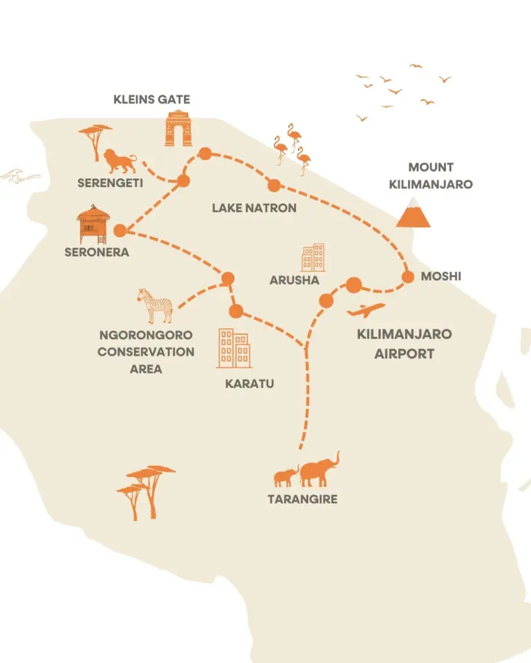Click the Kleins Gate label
click(151, 99)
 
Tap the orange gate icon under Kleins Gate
click(178, 128)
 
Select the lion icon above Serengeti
click(120, 161)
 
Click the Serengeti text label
click(110, 182)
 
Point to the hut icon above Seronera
click(93, 224)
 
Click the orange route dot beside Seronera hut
click(120, 231)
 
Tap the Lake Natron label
click(254, 208)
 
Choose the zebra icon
click(155, 306)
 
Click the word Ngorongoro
click(146, 335)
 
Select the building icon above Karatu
click(234, 348)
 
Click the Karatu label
click(250, 383)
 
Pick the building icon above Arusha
click(313, 258)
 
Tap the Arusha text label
click(295, 280)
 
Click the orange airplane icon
click(366, 310)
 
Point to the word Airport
click(404, 354)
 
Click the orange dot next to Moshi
click(408, 277)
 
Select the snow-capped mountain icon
click(413, 212)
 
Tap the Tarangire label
click(302, 499)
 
